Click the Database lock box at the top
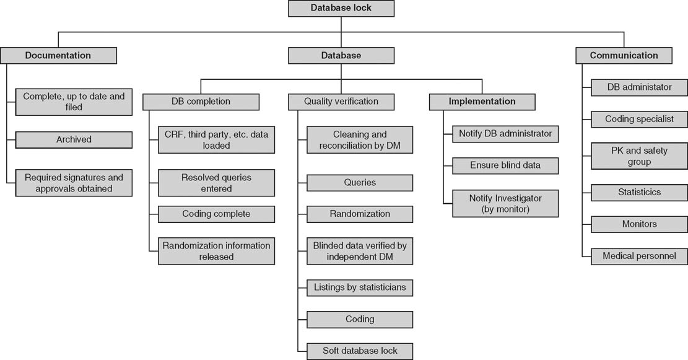(341, 9)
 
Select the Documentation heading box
(58, 55)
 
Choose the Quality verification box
(341, 101)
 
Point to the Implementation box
(482, 101)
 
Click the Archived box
(74, 139)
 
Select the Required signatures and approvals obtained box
(74, 183)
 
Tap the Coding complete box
(216, 214)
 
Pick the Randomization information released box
(216, 251)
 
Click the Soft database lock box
(360, 351)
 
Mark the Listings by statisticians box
(360, 288)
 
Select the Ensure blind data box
(505, 165)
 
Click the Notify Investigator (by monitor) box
(505, 203)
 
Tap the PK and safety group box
(639, 156)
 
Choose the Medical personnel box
(639, 256)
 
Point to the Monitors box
(639, 224)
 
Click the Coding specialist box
(639, 118)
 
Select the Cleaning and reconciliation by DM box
(360, 140)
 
